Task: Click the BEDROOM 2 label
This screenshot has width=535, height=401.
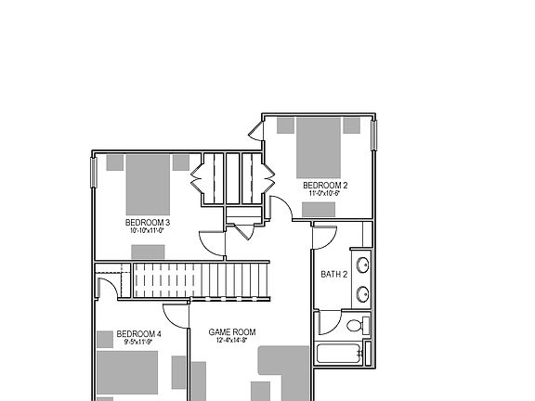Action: click(325, 186)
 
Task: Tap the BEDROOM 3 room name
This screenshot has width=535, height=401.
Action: click(148, 223)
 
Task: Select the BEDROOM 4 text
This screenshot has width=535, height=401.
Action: click(139, 334)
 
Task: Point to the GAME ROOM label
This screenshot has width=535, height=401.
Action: click(231, 332)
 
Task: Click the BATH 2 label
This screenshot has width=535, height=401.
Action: click(334, 274)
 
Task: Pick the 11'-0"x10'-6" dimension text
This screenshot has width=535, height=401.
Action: click(325, 194)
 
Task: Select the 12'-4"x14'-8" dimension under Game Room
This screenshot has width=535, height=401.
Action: click(231, 341)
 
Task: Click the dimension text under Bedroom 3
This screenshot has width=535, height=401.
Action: click(148, 231)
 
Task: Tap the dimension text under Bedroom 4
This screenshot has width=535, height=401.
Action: click(139, 343)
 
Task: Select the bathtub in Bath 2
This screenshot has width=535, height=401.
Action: click(340, 354)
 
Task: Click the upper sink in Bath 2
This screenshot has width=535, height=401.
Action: click(363, 265)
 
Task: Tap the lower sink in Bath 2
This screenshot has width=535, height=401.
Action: click(363, 294)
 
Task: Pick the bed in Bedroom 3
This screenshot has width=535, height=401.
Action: click(148, 183)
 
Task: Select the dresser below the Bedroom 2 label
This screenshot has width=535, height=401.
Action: click(319, 210)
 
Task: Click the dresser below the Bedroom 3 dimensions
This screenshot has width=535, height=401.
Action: click(148, 252)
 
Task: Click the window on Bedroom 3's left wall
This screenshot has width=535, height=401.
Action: click(93, 173)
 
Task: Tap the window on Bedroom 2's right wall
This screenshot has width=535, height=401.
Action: click(375, 136)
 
